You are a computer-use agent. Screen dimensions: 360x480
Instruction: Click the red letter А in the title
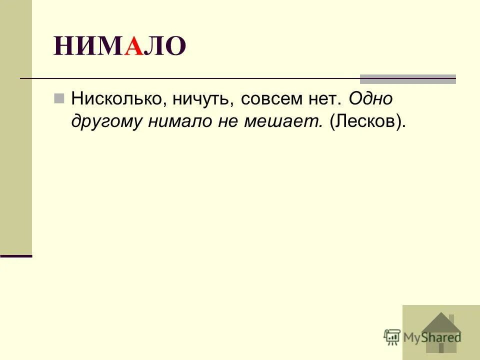pos(133,46)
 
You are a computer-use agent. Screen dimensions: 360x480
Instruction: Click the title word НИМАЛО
pos(120,46)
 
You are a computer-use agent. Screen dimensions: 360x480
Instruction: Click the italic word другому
pos(106,122)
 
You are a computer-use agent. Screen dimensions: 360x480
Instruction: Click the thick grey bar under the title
pos(408,78)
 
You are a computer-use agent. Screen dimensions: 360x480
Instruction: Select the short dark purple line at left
pos(16,255)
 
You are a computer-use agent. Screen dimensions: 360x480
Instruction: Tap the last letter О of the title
pos(175,46)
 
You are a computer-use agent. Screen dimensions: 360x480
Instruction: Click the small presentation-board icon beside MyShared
pos(392,336)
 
